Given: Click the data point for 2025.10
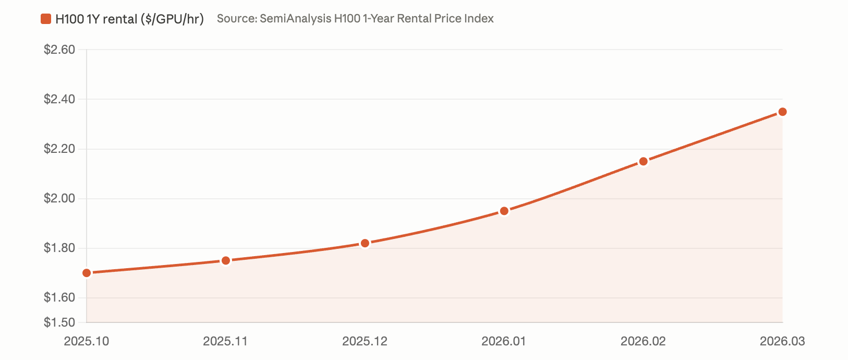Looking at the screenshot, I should [87, 273].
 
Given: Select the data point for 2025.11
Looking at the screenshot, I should [226, 260].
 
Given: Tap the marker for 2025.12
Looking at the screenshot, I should [365, 243].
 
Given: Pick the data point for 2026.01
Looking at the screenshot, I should [504, 211].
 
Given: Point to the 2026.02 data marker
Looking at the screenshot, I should [644, 161].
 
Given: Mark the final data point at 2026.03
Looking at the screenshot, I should [782, 112].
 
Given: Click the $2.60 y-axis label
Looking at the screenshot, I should [59, 50].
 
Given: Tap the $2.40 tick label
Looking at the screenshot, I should [59, 99].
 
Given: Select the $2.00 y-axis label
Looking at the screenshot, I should [59, 198].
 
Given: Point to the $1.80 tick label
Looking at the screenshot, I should [59, 248].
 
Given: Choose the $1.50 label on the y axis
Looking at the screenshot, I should [59, 322].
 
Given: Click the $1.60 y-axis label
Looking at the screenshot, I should [59, 297].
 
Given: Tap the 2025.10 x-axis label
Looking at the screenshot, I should [87, 341].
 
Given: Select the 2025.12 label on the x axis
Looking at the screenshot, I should [365, 341].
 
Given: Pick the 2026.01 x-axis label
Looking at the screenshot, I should [504, 341].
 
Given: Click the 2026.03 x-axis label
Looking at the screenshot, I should [782, 341].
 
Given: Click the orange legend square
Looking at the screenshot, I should [46, 19].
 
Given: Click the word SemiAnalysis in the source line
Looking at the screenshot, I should [295, 19].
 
